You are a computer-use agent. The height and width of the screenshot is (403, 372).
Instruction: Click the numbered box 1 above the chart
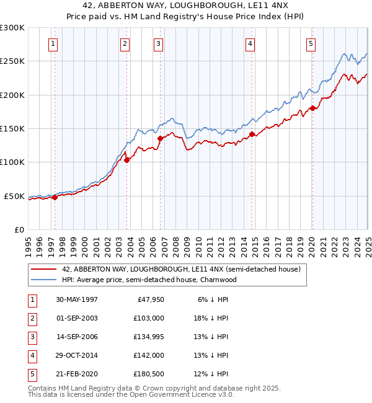pos(53,43)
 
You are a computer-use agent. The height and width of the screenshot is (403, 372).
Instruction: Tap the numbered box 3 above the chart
pos(159,43)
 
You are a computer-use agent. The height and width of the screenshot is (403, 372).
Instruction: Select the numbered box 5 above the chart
pos(311,43)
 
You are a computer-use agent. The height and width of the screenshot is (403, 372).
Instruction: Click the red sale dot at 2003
pos(126,160)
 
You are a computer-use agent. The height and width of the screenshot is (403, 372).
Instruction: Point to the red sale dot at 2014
pos(252,134)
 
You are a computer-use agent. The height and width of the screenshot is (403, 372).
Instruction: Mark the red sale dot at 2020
pos(312,108)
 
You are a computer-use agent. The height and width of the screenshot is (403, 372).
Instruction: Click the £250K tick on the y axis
pos(12,61)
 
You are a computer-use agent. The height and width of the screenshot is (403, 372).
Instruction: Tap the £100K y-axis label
pos(12,162)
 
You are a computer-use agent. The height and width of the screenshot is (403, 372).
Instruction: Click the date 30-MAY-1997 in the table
pos(77,299)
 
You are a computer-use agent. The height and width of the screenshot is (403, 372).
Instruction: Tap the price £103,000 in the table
pos(148,318)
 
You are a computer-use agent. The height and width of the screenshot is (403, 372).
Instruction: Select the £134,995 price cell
pos(148,337)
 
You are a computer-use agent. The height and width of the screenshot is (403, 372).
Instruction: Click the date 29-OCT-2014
pos(77,355)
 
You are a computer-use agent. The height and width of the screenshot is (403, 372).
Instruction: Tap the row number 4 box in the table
pos(32,355)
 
